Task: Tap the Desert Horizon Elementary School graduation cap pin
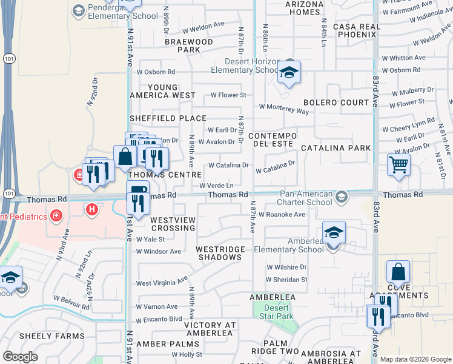pyautogui.click(x=289, y=74)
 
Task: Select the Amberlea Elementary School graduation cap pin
pyautogui.click(x=334, y=233)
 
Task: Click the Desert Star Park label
pyautogui.click(x=276, y=312)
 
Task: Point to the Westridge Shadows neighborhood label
pyautogui.click(x=220, y=254)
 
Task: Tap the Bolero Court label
pyautogui.click(x=336, y=103)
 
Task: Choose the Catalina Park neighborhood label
pyautogui.click(x=336, y=148)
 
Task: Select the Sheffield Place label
pyautogui.click(x=168, y=118)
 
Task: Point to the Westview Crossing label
pyautogui.click(x=173, y=224)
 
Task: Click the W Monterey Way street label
pyautogui.click(x=283, y=109)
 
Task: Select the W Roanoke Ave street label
pyautogui.click(x=281, y=215)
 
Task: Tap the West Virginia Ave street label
pyautogui.click(x=162, y=282)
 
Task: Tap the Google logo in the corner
pyautogui.click(x=20, y=357)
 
